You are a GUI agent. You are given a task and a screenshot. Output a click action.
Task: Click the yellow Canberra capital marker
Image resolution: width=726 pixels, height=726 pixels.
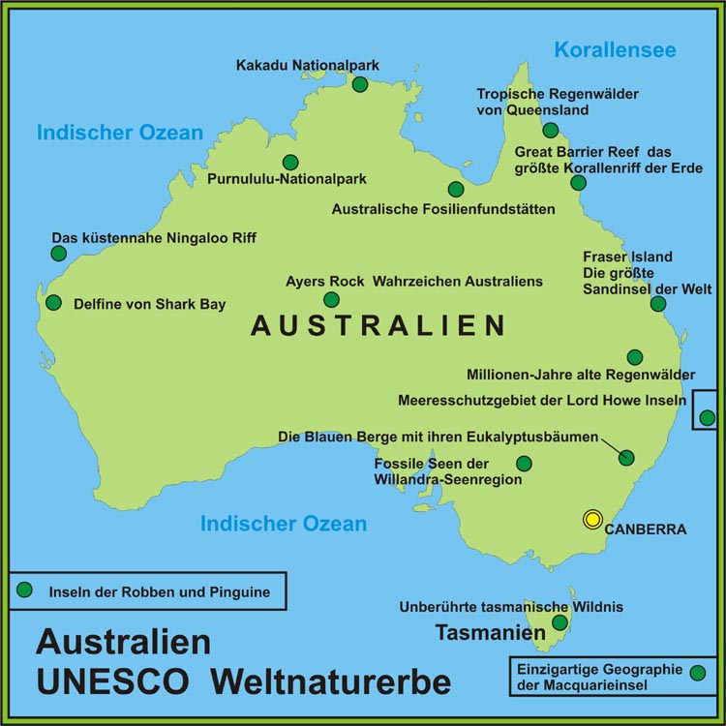[592, 520]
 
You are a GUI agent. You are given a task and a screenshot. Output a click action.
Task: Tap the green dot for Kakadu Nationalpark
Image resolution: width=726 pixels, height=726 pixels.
[360, 84]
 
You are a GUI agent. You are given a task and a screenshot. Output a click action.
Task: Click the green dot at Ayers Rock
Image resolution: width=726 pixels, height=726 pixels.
[331, 300]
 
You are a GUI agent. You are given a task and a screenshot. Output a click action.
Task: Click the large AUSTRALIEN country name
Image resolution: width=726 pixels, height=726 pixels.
[378, 326]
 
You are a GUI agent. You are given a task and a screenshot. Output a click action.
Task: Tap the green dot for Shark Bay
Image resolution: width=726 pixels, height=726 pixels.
[53, 302]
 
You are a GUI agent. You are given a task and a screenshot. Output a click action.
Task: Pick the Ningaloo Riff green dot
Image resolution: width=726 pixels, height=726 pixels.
[58, 254]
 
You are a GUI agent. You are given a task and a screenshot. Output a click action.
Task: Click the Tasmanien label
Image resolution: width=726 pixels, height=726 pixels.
[491, 634]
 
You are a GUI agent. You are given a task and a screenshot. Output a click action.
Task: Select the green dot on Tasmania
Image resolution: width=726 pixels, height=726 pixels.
[560, 622]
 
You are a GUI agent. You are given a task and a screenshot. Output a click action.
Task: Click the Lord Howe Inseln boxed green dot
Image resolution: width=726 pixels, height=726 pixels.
[707, 418]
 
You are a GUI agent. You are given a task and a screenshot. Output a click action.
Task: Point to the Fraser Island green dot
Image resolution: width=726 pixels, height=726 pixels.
[658, 304]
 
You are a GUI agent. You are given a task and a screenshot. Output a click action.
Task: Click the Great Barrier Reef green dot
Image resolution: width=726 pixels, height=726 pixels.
[578, 182]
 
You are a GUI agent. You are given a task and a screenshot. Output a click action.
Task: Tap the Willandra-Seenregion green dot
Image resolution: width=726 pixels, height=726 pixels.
[524, 464]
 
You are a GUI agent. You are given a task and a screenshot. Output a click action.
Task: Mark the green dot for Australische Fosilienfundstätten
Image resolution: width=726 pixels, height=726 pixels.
[455, 190]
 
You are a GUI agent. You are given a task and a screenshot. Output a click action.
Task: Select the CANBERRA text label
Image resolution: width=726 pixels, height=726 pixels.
[646, 529]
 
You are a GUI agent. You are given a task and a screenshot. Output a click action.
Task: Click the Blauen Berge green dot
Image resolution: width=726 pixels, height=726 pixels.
[626, 458]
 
